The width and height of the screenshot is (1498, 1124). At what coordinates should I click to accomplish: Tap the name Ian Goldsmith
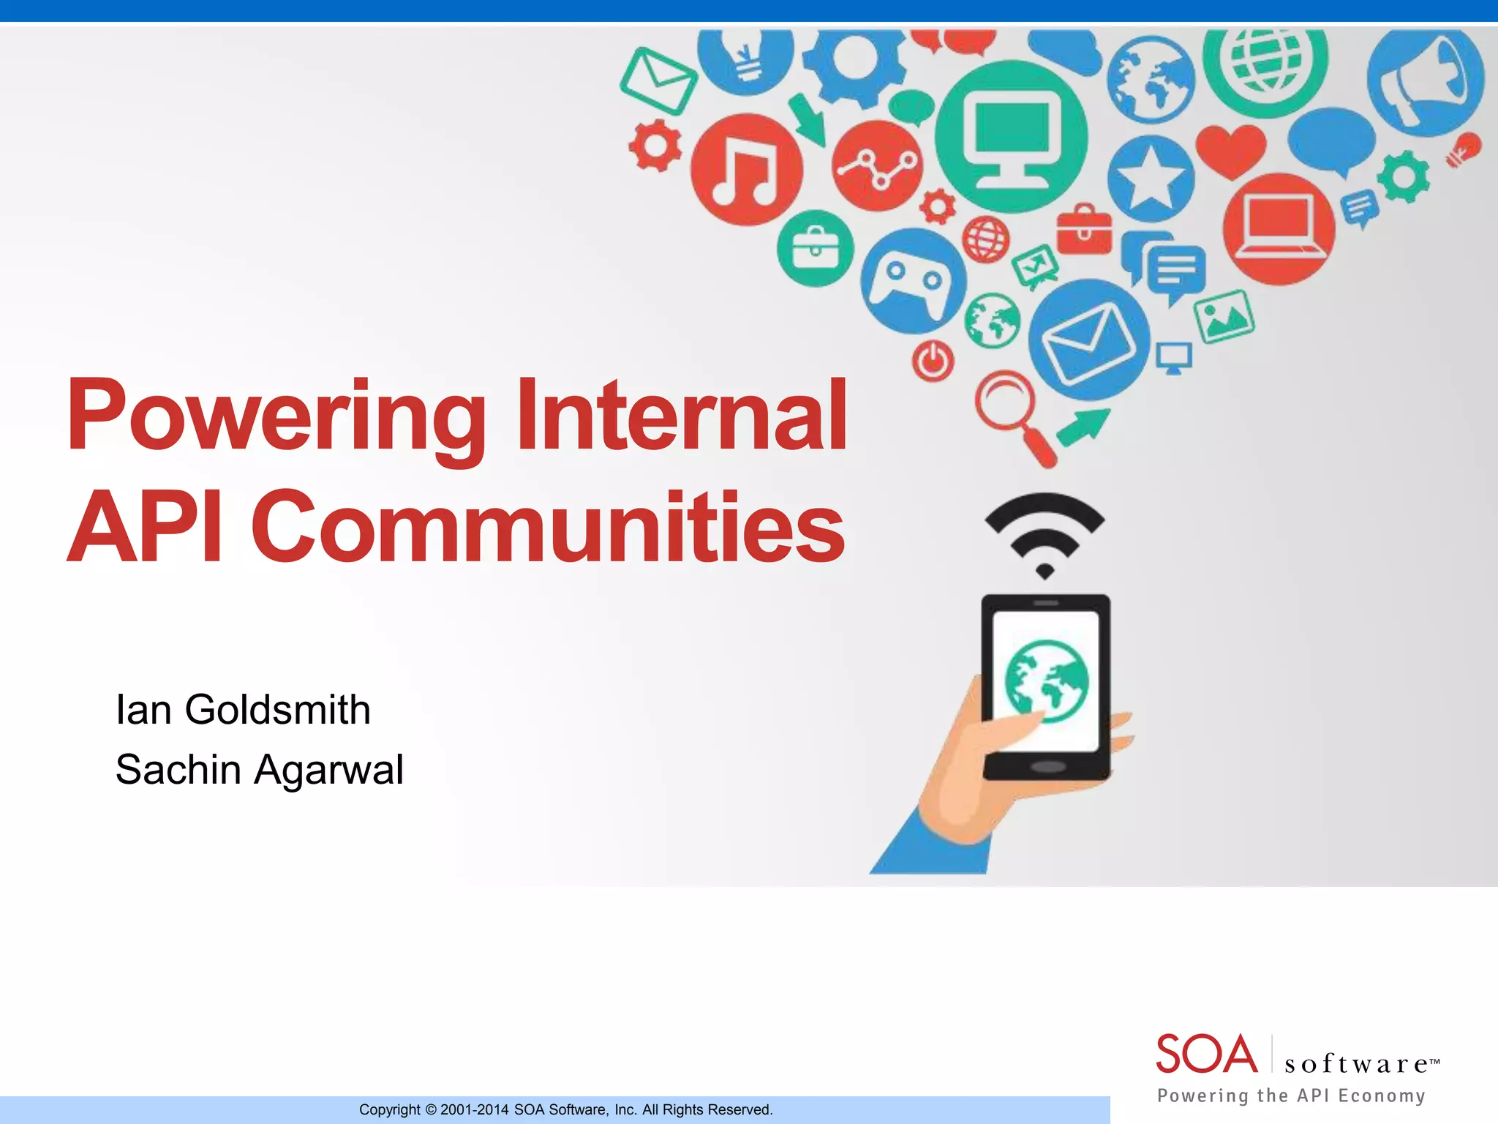(x=243, y=710)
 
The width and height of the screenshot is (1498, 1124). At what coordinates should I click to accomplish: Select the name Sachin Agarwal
(x=259, y=770)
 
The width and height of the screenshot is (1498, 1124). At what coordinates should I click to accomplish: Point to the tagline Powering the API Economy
(x=1291, y=1095)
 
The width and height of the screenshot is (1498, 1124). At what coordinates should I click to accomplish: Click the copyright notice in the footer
(x=565, y=1109)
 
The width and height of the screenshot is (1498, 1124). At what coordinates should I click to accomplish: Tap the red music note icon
(x=746, y=170)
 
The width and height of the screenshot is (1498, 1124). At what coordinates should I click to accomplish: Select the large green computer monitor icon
(x=1012, y=137)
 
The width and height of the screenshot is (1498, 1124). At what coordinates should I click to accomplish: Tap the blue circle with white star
(x=1150, y=179)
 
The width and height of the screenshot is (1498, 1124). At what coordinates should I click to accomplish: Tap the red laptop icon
(x=1279, y=228)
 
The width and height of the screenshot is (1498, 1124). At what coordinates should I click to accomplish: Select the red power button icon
(x=933, y=361)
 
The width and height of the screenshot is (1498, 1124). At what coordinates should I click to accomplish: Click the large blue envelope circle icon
(x=1088, y=340)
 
